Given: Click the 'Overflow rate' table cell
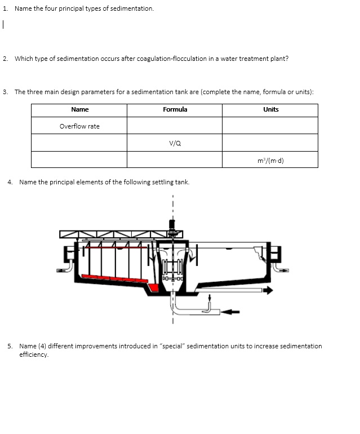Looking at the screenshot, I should click(79, 126).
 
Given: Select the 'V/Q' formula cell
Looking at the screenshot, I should click(175, 143).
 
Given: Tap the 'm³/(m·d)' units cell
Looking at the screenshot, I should click(270, 160).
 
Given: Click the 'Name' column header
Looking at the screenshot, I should click(79, 109).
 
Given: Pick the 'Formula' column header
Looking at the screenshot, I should click(175, 109).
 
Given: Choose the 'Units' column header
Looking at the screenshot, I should click(270, 109).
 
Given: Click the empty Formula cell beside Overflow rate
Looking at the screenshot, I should click(175, 126).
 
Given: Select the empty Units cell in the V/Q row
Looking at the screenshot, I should click(270, 143).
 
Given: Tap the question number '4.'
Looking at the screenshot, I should click(11, 182).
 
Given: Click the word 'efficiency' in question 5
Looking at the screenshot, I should click(34, 355).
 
